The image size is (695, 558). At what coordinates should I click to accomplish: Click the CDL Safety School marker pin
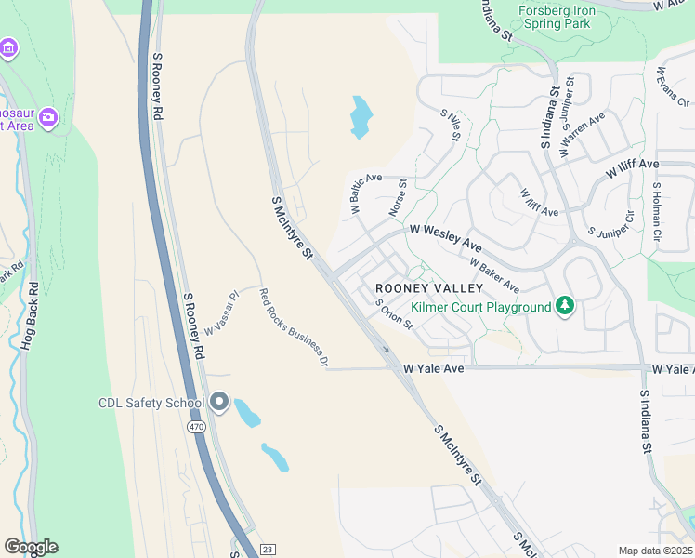coord(219,402)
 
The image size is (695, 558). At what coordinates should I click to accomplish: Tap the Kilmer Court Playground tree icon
coord(564,306)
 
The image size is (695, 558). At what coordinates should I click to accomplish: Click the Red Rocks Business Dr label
coord(293,327)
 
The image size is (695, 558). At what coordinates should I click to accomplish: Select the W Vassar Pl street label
coord(222,312)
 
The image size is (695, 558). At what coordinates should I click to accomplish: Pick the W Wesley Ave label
coord(446,238)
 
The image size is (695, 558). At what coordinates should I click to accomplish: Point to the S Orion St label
coord(394,313)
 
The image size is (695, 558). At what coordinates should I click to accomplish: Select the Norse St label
coord(399,199)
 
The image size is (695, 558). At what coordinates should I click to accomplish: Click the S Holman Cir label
coord(656,211)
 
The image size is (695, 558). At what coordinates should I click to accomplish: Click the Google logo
coord(31,547)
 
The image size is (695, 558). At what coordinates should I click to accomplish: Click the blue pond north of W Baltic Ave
coord(361,118)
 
